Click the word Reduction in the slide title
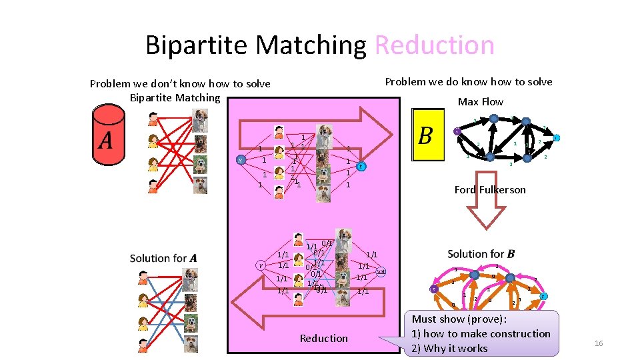pos(435,45)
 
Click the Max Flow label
pos(480,101)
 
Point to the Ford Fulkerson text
pos(490,190)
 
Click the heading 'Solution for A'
pos(163,258)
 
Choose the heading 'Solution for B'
pos(481,253)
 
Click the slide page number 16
pos(598,343)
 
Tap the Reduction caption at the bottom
pos(323,339)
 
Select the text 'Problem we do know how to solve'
pos(469,81)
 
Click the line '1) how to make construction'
pos(481,333)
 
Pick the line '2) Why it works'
pos(449,348)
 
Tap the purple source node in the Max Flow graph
pos(456,131)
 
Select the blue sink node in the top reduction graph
pos(361,167)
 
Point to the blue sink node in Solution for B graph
pos(544,296)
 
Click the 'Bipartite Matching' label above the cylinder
pos(175,98)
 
